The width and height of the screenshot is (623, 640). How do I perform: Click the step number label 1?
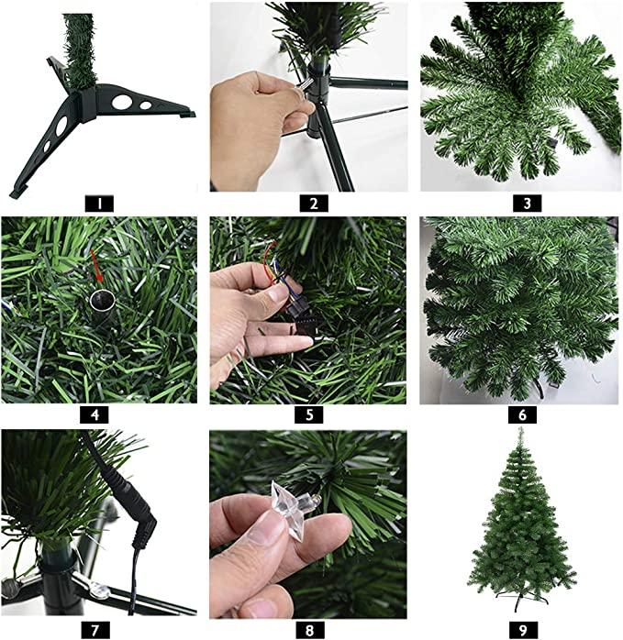point(99,204)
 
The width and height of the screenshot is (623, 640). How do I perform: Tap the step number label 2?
point(314,204)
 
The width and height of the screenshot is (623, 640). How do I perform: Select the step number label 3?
point(527,204)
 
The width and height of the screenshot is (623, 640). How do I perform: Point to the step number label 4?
point(95,414)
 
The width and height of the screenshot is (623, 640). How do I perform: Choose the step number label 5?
point(309,414)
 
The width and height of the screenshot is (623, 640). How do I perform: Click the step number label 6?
point(522,414)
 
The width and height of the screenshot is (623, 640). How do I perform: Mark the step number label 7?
point(95,630)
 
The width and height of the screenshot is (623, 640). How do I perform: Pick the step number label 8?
point(309,630)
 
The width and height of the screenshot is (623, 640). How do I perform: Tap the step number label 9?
point(523,630)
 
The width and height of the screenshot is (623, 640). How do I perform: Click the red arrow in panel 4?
point(97,266)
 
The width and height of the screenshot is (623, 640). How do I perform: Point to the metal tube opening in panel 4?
point(102,301)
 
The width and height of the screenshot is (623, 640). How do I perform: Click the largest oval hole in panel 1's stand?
point(122,102)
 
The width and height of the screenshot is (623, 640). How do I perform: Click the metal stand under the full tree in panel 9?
point(522,599)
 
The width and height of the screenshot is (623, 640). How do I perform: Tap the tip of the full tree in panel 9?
point(520,428)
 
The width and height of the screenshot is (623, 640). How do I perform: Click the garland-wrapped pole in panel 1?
point(80,51)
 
